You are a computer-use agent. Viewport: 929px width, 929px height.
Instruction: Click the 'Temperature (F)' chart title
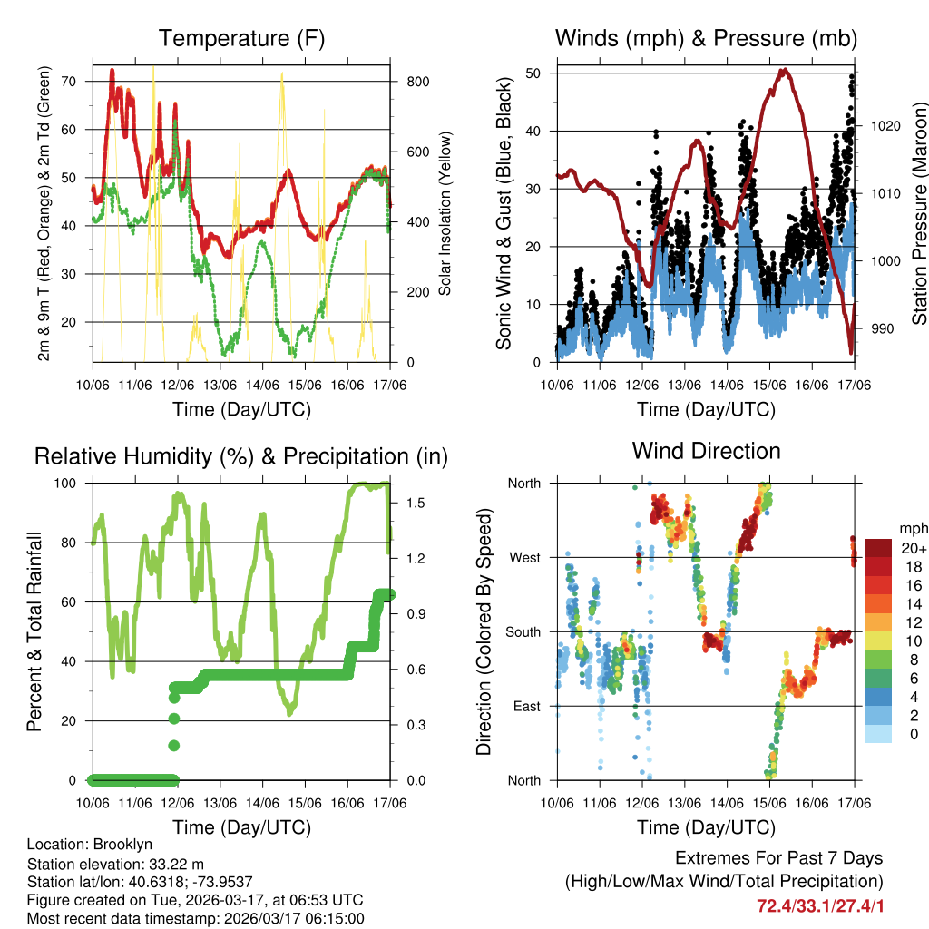pyautogui.click(x=241, y=38)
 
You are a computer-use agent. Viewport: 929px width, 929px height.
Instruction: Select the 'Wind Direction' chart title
pyautogui.click(x=706, y=451)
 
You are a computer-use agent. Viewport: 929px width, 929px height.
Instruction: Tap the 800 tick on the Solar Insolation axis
pyautogui.click(x=417, y=81)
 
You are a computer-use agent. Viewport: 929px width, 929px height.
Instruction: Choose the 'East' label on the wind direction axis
pyautogui.click(x=524, y=706)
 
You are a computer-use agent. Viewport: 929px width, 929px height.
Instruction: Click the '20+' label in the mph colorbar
pyautogui.click(x=912, y=548)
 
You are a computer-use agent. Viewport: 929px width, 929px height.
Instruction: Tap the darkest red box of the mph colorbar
pyautogui.click(x=876, y=548)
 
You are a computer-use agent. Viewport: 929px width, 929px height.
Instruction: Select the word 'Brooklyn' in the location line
pyautogui.click(x=129, y=845)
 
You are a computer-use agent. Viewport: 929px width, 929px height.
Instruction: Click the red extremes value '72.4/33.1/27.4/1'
pyautogui.click(x=820, y=905)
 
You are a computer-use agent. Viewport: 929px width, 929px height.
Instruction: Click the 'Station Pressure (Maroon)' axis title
pyautogui.click(x=918, y=213)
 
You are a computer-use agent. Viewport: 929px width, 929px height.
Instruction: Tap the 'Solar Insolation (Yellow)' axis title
pyautogui.click(x=445, y=213)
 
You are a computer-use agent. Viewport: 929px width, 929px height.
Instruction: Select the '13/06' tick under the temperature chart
pyautogui.click(x=220, y=385)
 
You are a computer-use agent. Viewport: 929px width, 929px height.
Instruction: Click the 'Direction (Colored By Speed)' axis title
pyautogui.click(x=484, y=631)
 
